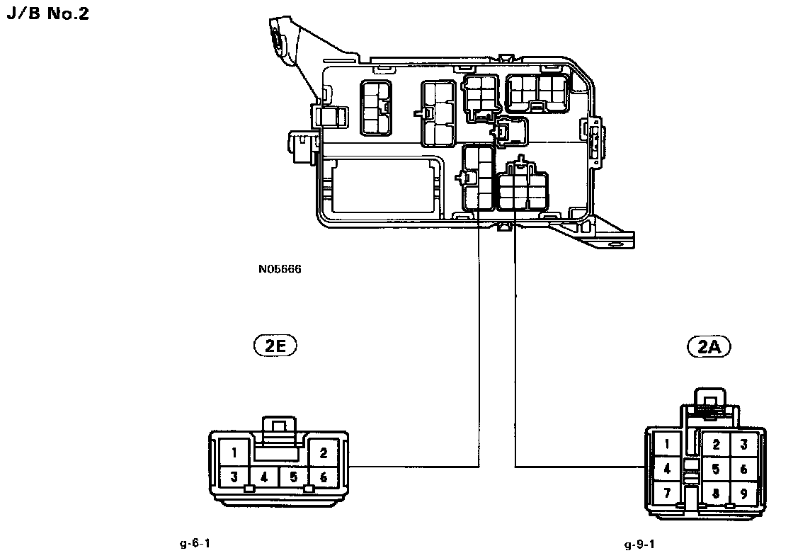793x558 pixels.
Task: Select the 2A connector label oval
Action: tap(709, 346)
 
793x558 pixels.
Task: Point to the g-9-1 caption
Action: tap(639, 545)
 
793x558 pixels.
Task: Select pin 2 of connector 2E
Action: tap(324, 452)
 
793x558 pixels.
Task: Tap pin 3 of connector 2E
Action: tap(234, 477)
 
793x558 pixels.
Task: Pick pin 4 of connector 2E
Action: tap(264, 477)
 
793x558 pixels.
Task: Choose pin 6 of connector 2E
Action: tap(324, 477)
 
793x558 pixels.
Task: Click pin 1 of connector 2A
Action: tap(667, 445)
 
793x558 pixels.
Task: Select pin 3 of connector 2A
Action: tap(743, 445)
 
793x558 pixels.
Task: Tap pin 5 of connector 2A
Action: tap(716, 469)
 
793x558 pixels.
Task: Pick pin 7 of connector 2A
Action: tap(667, 493)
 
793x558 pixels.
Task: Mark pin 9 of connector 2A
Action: tap(743, 494)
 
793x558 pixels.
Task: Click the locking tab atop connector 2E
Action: tap(279, 429)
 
